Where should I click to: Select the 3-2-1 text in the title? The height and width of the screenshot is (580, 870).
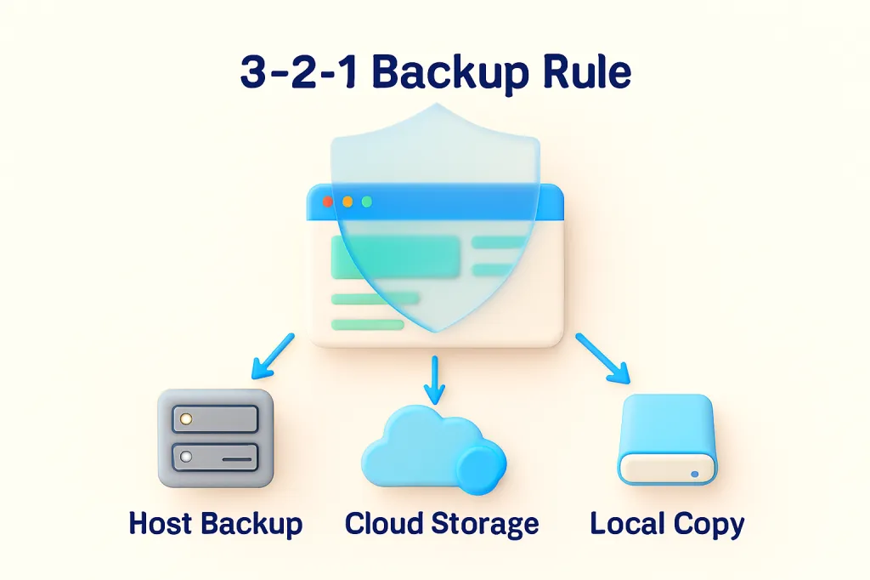(297, 73)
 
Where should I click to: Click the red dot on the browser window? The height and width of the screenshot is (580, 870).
(328, 202)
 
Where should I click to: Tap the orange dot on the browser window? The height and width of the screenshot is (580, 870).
(347, 202)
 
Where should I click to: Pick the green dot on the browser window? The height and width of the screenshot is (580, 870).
(367, 202)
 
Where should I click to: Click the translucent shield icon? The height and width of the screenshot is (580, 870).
(434, 213)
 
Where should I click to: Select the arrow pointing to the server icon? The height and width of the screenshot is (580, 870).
(271, 356)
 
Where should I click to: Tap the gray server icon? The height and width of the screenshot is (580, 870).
(216, 437)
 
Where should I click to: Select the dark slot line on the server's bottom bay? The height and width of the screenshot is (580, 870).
(238, 459)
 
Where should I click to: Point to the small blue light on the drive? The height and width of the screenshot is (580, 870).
(695, 473)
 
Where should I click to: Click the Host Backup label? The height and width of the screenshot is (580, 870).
(215, 523)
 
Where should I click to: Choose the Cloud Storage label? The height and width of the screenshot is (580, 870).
(441, 523)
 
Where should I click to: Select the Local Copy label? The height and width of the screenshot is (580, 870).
(667, 523)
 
